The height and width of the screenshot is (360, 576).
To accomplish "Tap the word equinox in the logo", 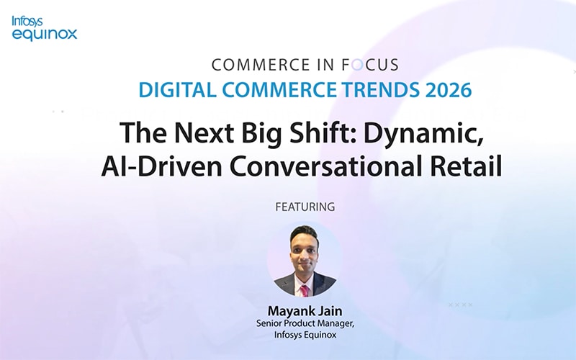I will coord(45,33).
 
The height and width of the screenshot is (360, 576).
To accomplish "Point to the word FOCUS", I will coord(374,65).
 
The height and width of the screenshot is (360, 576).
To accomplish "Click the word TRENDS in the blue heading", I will coord(385,91).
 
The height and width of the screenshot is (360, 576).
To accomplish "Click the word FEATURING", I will coord(305,207).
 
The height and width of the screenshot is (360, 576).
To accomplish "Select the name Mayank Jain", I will coord(305,311).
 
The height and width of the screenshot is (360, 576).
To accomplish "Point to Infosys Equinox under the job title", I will coord(305,335).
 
